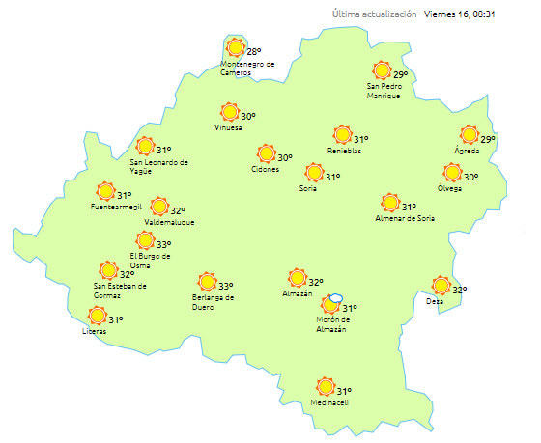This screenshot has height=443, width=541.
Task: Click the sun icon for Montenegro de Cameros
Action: pos(235,47)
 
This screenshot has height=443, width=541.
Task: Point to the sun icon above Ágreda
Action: pos(470,135)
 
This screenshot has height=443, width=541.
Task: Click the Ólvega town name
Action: pos(449,188)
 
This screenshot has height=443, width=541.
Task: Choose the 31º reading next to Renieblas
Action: pos(360,140)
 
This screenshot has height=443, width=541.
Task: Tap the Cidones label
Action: pos(265,169)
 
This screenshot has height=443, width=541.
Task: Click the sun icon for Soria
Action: pos(314,173)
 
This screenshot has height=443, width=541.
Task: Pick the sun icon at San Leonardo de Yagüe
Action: pos(145,147)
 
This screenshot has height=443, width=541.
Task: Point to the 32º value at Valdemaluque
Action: pos(178,210)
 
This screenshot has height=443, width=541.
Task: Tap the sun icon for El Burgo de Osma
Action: pos(144,240)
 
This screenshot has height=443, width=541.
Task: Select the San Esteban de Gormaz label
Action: pos(120,290)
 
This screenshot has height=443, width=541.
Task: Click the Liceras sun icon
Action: pos(97,316)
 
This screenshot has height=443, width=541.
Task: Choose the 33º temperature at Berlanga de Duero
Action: pos(225,287)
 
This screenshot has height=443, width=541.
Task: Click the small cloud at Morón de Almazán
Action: pos(336,298)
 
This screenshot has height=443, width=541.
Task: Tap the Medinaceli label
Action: pos(328,402)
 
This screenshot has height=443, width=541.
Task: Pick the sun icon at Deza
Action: pos(441,286)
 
